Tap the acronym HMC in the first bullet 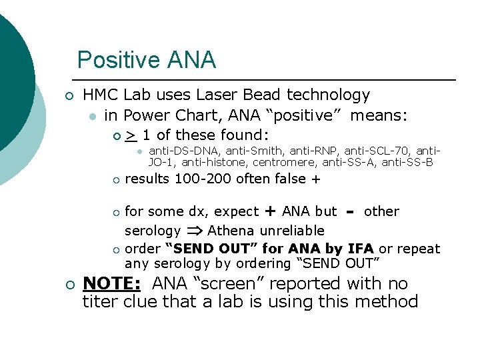(100, 95)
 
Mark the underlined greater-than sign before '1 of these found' (131, 135)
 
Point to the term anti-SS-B (407, 162)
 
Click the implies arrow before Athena (195, 231)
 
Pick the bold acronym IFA (360, 249)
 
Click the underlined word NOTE (111, 283)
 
